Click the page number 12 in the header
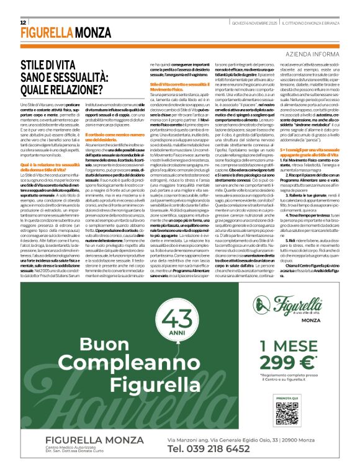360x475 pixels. tap(24, 22)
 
